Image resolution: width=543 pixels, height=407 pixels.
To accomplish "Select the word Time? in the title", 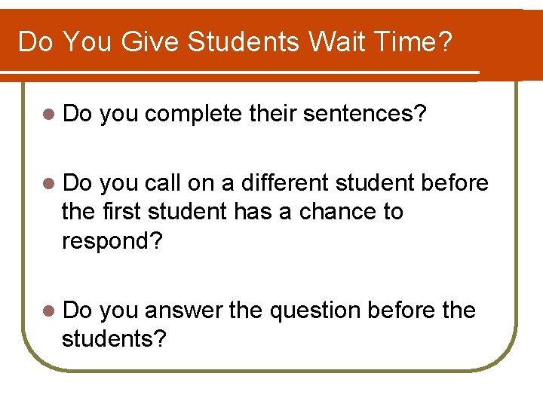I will tap(418, 41).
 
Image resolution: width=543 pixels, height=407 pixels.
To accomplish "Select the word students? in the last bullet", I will tap(114, 339).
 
